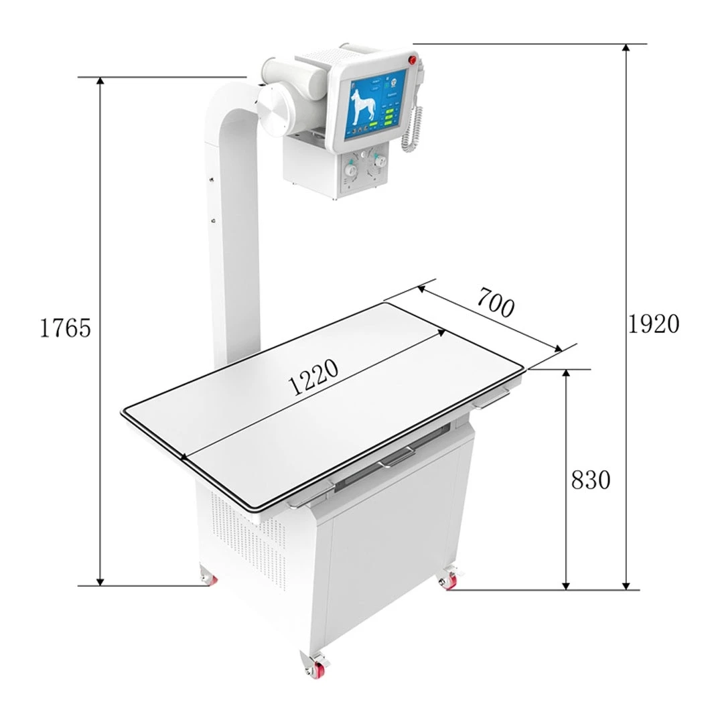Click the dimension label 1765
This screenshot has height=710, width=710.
click(x=65, y=328)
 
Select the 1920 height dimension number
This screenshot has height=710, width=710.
click(x=653, y=324)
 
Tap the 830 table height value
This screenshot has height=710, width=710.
click(x=590, y=480)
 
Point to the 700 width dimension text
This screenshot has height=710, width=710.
click(x=496, y=303)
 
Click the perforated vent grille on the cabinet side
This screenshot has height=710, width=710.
click(x=241, y=536)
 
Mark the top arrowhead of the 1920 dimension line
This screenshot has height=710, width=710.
click(x=627, y=49)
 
